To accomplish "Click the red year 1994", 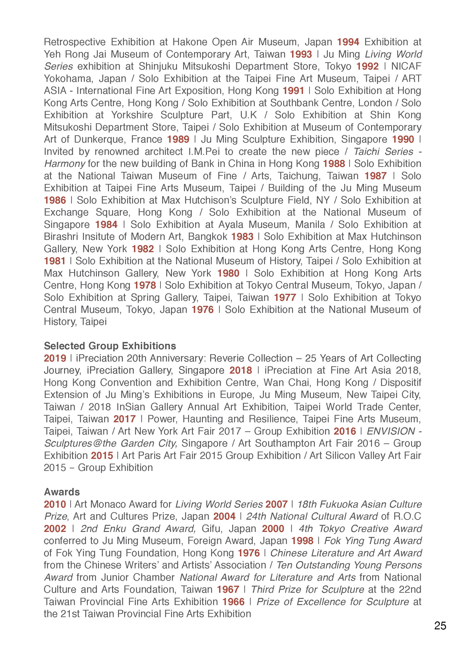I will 348,42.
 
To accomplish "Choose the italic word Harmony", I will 64,164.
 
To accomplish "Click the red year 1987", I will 375,176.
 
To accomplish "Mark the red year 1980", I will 228,273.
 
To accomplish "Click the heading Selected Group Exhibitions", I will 110,346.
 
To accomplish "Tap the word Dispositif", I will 401,382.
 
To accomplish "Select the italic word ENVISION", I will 391,431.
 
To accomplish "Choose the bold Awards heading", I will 62,492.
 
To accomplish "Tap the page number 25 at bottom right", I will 440,626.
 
